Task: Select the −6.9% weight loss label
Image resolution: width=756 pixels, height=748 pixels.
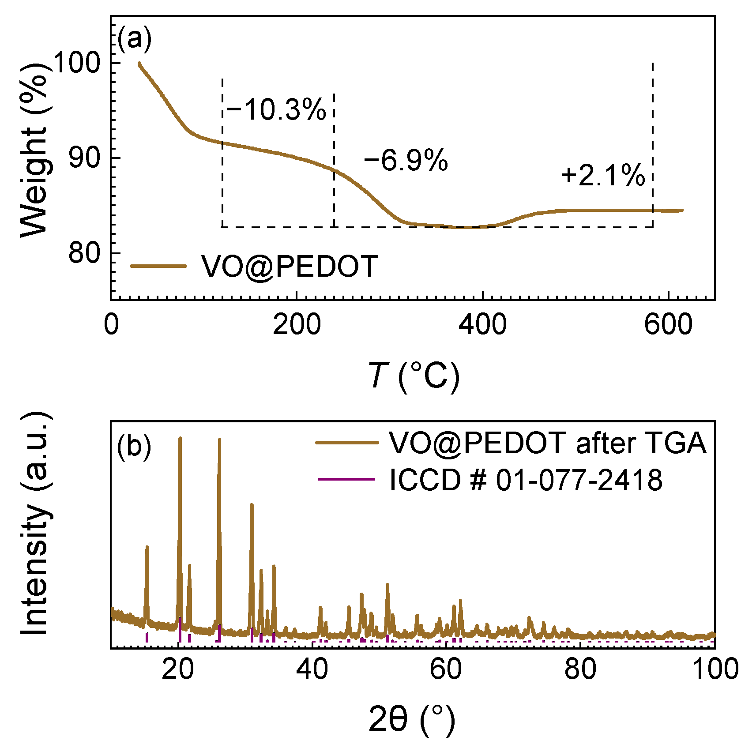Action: pos(406,160)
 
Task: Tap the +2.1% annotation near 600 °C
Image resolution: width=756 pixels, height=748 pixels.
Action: pos(603,175)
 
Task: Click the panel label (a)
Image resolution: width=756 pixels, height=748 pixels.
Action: pos(135,39)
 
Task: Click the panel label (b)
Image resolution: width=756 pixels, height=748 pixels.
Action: pos(134,446)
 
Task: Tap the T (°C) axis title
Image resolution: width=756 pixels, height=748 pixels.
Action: pos(413,376)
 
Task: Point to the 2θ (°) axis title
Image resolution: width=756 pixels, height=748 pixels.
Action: pos(411,719)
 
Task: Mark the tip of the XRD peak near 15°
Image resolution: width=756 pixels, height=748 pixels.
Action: pos(147,547)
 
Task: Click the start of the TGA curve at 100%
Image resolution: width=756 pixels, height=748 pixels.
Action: pos(139,64)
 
